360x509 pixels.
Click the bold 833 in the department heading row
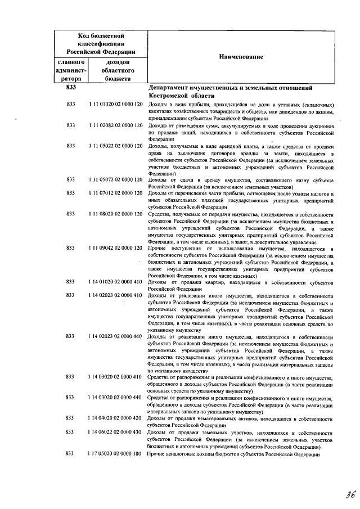(x=70, y=88)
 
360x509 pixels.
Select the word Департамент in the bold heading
(x=172, y=88)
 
